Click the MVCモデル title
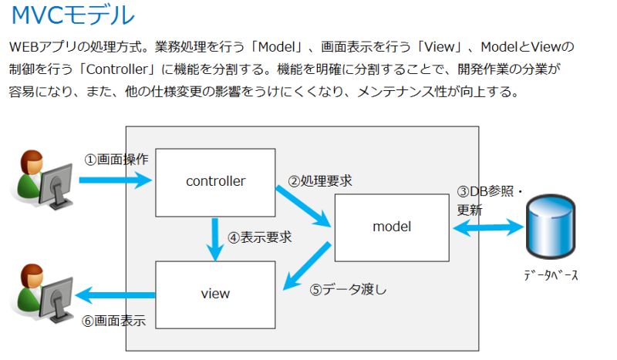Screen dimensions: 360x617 (72, 15)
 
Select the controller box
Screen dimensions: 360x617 (215, 182)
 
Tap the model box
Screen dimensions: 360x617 (391, 227)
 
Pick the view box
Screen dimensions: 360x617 (215, 294)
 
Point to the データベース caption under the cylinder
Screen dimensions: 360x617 (551, 275)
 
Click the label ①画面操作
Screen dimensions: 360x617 (116, 160)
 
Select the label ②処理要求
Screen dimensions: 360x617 (320, 181)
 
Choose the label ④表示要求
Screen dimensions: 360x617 (260, 237)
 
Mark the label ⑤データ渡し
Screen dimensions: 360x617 (348, 291)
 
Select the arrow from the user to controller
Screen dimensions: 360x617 (116, 182)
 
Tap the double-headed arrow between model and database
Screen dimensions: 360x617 (488, 227)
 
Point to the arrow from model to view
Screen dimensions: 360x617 (308, 266)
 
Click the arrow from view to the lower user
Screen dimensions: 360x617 (116, 294)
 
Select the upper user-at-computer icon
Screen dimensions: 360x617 (43, 182)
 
